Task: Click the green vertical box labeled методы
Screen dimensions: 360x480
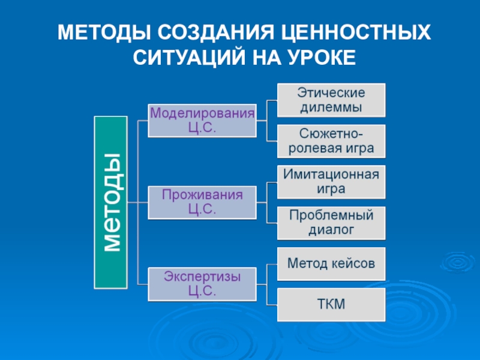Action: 111,202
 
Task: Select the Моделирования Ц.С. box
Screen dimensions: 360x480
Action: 202,119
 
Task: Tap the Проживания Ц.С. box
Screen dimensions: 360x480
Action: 202,202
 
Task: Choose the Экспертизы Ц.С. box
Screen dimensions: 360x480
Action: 202,284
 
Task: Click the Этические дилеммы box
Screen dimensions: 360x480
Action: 331,100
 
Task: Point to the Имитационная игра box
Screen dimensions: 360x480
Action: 331,182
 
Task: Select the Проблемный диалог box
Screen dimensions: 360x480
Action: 331,223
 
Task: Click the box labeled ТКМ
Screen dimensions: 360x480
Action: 331,304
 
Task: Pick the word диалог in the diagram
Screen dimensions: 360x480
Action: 331,229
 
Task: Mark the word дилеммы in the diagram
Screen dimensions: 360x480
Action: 331,108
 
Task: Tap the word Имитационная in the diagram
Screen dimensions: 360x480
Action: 331,175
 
